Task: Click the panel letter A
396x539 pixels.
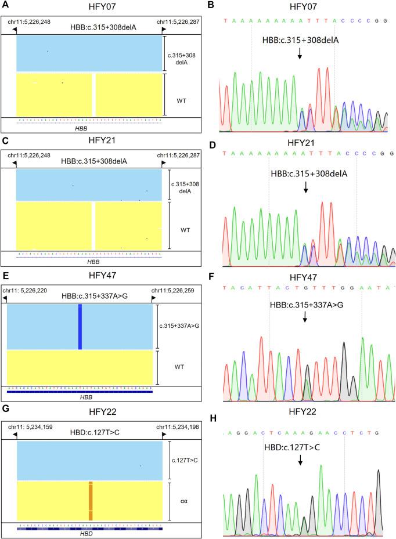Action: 5,5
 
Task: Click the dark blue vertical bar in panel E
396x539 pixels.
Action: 80,327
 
